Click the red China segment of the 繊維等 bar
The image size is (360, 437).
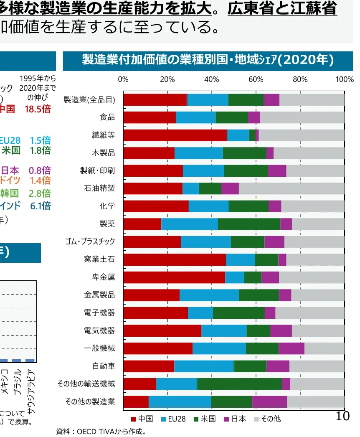pos(175,135)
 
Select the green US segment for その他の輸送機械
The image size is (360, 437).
pos(239,384)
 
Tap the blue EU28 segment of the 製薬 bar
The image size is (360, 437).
pos(190,224)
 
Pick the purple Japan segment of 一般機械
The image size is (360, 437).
pos(292,348)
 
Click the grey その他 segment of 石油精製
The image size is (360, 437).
pos(292,188)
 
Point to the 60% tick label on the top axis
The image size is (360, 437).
pos(256,79)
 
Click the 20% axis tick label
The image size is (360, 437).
pos(167,79)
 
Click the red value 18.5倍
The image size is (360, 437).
pos(38,109)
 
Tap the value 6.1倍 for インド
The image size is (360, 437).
pos(40,206)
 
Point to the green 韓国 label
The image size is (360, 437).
pos(9,193)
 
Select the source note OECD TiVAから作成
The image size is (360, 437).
pos(101,431)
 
